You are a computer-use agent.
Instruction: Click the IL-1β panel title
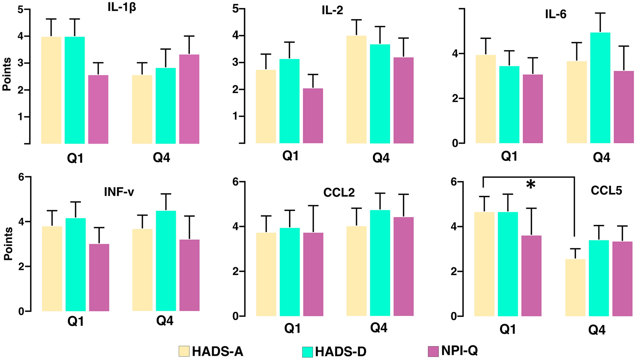(x=122, y=8)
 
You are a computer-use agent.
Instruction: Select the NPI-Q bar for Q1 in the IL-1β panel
(x=98, y=110)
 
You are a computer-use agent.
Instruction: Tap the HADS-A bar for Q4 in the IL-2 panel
(x=356, y=89)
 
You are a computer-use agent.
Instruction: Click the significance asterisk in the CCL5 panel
(x=531, y=185)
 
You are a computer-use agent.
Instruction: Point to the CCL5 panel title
(x=606, y=191)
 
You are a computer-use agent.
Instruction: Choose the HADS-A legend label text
(x=218, y=352)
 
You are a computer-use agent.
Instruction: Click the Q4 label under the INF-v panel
(x=165, y=321)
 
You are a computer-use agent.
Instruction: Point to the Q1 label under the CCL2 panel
(x=293, y=328)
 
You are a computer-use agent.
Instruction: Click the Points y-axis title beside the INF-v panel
(x=8, y=243)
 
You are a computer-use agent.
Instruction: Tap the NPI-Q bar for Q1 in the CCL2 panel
(x=313, y=274)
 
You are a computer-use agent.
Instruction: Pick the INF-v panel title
(x=119, y=192)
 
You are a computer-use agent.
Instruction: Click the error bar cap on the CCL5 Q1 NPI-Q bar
(x=531, y=208)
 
